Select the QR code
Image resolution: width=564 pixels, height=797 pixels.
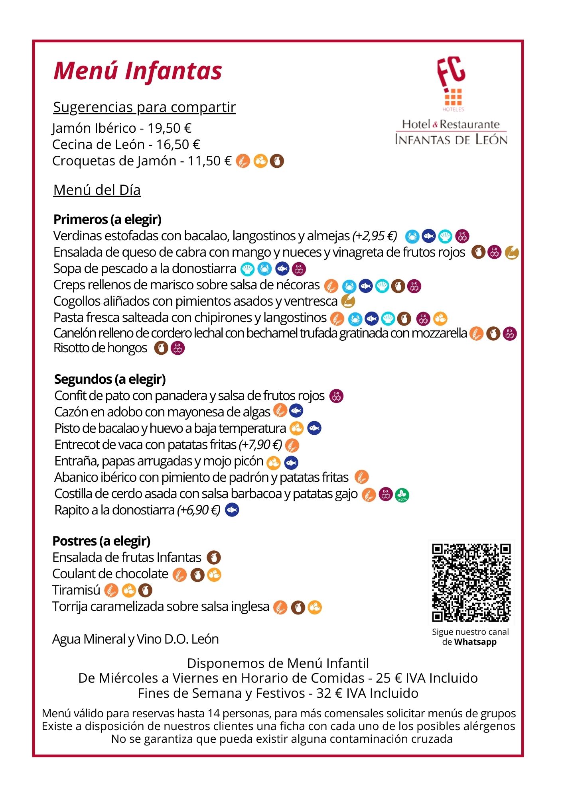(471, 582)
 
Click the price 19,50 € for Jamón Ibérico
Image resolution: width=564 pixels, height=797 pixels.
(170, 128)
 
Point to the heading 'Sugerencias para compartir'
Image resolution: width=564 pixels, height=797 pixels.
(144, 107)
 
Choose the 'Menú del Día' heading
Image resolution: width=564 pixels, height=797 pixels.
(97, 190)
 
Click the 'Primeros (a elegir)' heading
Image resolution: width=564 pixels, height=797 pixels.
(107, 219)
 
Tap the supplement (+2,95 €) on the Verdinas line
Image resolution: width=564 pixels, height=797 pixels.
(375, 236)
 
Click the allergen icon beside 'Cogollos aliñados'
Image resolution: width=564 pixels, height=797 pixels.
(348, 301)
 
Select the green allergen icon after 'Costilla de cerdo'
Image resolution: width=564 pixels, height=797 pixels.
(402, 495)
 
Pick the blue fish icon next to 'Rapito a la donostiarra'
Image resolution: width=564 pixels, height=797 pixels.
(232, 510)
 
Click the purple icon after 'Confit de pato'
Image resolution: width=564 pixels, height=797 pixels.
(336, 396)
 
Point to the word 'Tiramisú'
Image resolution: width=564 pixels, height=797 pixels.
(76, 590)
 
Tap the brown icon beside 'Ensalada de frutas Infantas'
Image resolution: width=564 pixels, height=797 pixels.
(213, 558)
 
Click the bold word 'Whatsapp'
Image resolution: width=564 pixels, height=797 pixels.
(475, 642)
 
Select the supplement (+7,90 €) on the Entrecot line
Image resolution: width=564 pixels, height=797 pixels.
(260, 444)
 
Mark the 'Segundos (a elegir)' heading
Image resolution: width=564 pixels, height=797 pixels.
(110, 379)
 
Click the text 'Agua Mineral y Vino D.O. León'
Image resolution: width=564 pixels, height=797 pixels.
(136, 639)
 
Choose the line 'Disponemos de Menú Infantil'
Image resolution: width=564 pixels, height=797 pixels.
(278, 663)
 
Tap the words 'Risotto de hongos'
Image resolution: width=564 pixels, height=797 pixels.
(101, 348)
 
